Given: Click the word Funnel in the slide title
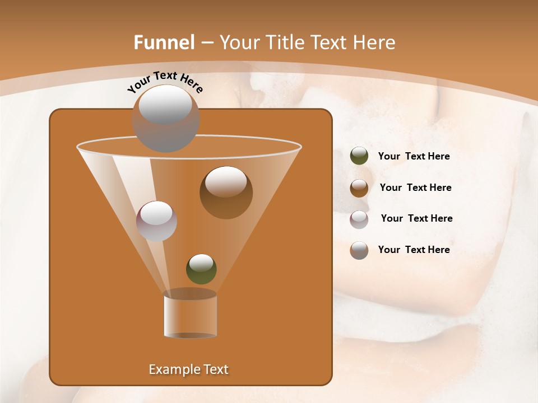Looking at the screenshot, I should coord(164,43).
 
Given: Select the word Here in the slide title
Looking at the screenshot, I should coord(374,43).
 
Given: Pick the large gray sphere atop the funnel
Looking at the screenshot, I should coord(166,118).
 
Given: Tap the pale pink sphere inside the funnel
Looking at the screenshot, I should coord(156,221).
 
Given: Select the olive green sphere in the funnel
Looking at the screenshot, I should coord(201,269).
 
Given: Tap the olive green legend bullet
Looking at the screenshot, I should coord(359,156).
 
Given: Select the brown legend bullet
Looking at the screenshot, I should coord(359,188).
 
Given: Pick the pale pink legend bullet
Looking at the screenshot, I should coord(359,219).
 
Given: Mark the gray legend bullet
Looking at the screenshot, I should coord(359,250).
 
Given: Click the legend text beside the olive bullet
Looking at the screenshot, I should coord(414,156).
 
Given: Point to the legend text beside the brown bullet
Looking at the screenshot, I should coord(415,188).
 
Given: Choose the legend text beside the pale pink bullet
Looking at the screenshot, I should coord(416,218).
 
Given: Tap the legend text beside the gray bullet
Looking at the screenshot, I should coord(414,250).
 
